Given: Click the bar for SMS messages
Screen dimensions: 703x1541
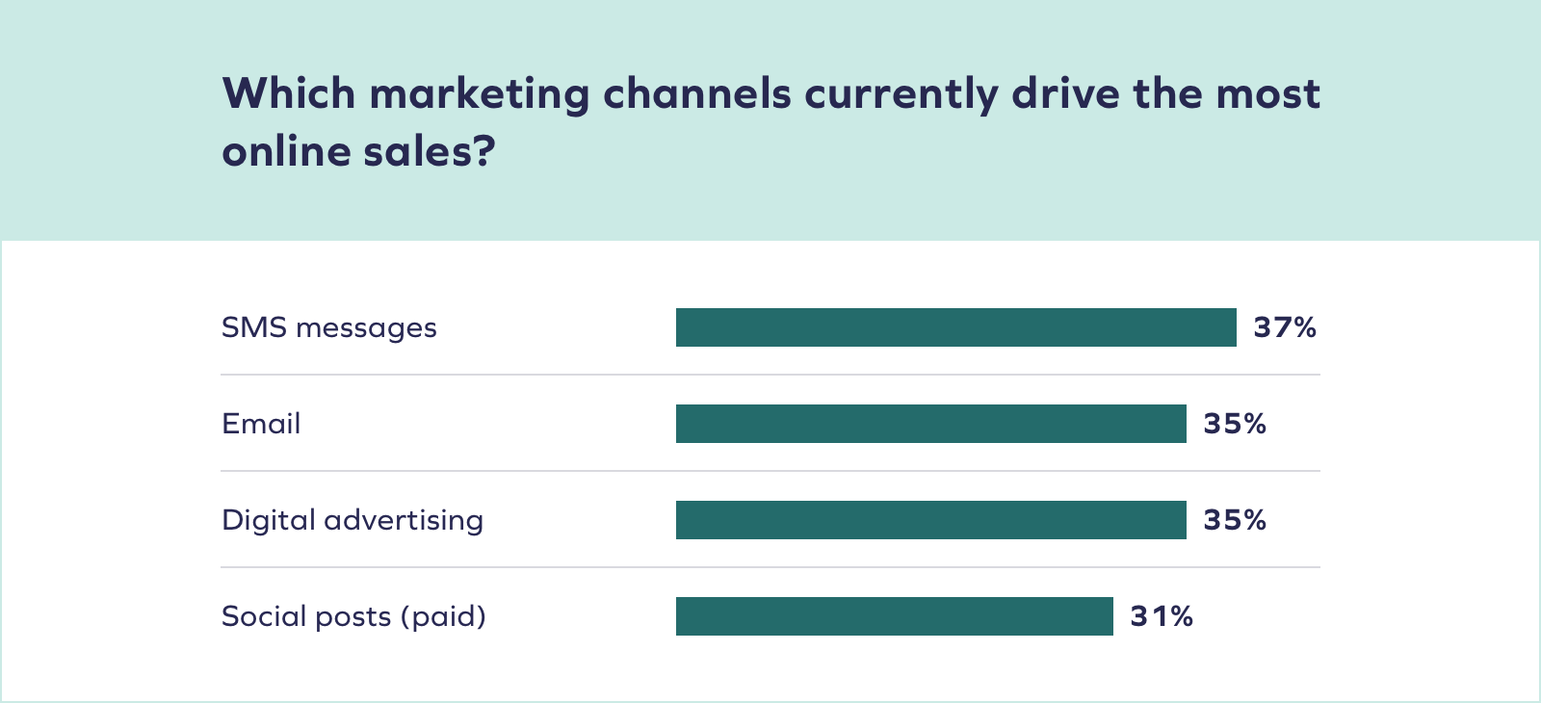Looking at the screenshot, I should coord(955,327).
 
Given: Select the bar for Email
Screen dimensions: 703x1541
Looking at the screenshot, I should coord(930,424).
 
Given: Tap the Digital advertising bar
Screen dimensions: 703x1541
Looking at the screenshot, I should coord(930,520).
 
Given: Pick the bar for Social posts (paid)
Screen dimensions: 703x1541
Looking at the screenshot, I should coord(894,616).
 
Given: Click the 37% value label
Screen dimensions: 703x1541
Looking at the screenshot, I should coord(1284,327).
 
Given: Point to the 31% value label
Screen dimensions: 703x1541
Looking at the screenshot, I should coord(1162,616).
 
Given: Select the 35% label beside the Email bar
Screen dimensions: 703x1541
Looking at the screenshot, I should coord(1234,424).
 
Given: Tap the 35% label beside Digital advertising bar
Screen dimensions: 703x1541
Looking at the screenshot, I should coord(1234,520).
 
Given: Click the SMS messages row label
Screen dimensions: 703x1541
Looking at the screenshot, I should coord(328,328).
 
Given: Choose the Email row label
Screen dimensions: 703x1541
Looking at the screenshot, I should coord(261,424).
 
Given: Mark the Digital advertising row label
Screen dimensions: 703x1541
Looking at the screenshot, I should coord(353,521).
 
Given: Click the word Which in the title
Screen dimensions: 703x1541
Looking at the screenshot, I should coord(289,93).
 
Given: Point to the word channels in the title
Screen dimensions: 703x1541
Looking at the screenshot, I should coord(696,93).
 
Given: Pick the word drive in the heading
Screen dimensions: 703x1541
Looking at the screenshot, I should coord(1064,93).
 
